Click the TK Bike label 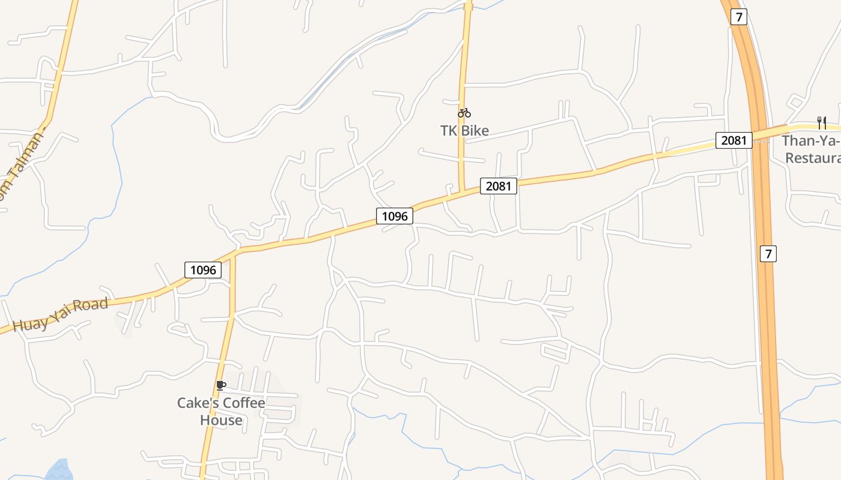pos(464,130)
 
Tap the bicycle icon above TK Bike pos(464,113)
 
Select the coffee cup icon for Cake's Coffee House pos(221,385)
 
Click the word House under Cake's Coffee pos(221,420)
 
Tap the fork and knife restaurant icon pos(822,123)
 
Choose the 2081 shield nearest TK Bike pos(498,186)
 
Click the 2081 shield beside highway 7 pos(733,140)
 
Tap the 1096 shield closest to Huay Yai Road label pos(203,270)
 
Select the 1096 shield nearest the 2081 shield pos(395,216)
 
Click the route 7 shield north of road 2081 pos(739,17)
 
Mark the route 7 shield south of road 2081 pos(768,254)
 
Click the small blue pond pos(59,470)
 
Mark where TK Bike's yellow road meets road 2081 pos(463,192)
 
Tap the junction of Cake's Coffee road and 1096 pos(232,255)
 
